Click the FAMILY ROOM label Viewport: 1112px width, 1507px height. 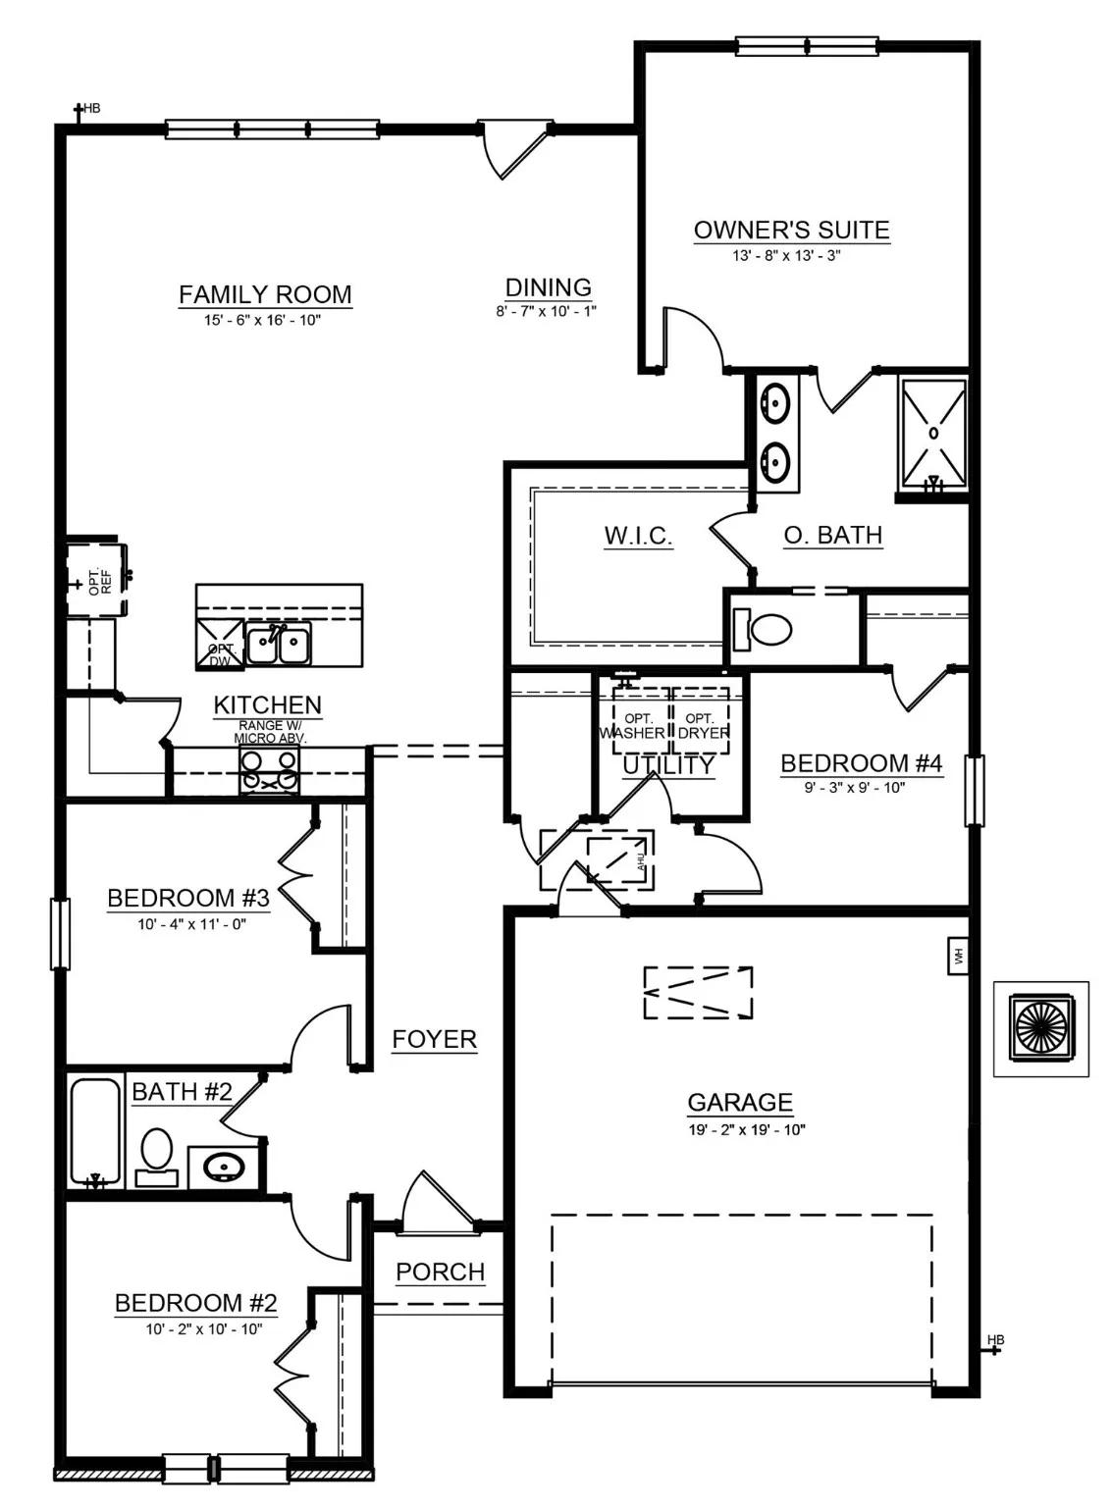coord(265,294)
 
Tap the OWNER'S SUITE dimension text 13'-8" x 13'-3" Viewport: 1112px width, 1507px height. coord(788,256)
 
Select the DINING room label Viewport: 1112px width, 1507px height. coord(548,287)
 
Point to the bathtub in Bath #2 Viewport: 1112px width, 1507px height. coord(95,1131)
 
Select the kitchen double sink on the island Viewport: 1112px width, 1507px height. coord(278,645)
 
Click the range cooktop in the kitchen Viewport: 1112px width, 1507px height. coord(270,769)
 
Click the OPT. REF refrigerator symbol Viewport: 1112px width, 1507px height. coord(96,579)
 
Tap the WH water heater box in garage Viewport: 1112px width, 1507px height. coord(958,955)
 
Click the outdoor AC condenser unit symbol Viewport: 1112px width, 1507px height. coord(1040,1028)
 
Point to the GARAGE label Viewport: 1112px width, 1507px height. coord(740,1102)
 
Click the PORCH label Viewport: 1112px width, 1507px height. coord(440,1272)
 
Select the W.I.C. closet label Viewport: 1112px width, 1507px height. coord(638,536)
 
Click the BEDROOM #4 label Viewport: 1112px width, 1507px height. coord(861,763)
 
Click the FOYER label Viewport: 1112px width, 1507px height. coord(434,1039)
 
